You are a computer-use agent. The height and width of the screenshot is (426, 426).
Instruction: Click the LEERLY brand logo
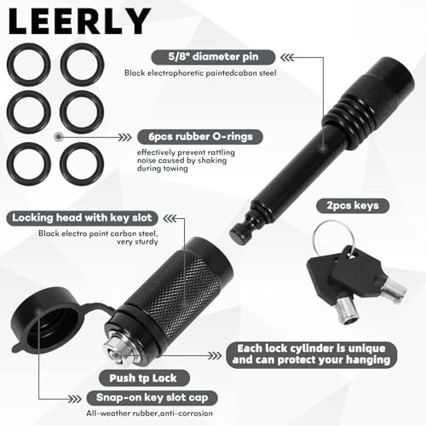tap(79, 21)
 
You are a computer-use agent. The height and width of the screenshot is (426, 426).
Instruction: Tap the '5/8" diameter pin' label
tap(213, 57)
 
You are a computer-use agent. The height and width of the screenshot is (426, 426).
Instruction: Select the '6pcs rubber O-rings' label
tap(200, 136)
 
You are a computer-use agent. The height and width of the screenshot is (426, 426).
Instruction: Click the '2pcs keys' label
tap(353, 205)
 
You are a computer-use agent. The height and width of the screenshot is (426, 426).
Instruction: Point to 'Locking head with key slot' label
tap(82, 218)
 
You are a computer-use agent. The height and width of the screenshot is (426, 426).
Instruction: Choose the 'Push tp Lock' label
tap(143, 378)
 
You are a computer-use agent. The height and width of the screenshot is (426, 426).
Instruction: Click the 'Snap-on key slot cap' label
tap(153, 398)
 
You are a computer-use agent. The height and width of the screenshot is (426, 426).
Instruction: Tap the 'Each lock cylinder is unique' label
tap(311, 348)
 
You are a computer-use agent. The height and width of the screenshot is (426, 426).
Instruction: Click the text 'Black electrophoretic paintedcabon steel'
tap(200, 73)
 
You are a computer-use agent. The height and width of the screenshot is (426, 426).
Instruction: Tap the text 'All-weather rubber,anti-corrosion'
tap(149, 413)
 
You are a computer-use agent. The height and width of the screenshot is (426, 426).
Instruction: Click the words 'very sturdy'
tap(137, 242)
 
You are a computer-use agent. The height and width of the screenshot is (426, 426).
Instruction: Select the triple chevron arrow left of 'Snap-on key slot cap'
tap(75, 399)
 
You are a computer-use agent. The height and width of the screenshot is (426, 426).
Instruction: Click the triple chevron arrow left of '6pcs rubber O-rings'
tap(125, 137)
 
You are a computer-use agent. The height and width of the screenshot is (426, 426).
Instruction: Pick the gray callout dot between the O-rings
tap(59, 137)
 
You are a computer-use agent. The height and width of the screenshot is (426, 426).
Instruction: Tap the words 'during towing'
tap(163, 169)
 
